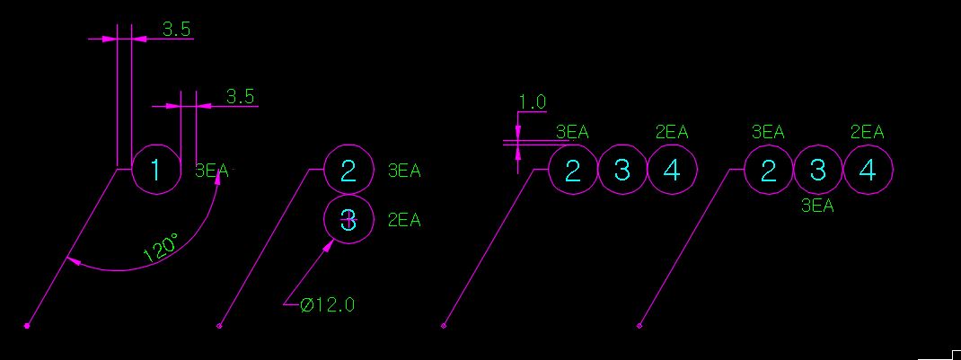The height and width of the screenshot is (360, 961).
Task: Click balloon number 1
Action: (x=156, y=170)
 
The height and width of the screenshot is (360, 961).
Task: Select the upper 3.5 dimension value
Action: (x=176, y=29)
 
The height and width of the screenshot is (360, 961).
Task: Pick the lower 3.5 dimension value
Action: (x=241, y=97)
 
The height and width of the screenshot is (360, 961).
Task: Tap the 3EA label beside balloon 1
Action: (x=211, y=170)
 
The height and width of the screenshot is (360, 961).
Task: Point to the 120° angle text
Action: (x=162, y=247)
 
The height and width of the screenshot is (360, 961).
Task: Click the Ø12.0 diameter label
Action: (x=328, y=305)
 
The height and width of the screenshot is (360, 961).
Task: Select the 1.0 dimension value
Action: (x=533, y=101)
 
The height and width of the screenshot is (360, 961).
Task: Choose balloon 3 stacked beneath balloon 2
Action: (x=348, y=220)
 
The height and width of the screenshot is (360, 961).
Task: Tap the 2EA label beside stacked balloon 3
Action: (x=404, y=220)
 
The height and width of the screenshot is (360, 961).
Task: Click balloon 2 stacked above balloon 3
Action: (x=348, y=170)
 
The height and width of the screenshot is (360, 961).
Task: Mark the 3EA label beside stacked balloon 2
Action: (x=404, y=170)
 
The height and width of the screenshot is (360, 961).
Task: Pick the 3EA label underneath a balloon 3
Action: (x=817, y=206)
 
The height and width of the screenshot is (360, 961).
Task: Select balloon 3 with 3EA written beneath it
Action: (x=817, y=170)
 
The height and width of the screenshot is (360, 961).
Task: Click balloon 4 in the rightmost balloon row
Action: (x=867, y=170)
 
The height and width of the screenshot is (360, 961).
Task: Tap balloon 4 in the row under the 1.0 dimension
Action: (x=672, y=170)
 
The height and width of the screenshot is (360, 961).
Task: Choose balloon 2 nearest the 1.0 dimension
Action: (x=573, y=170)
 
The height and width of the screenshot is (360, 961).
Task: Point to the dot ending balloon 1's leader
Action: (x=27, y=326)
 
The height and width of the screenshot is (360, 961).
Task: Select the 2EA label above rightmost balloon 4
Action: (x=867, y=132)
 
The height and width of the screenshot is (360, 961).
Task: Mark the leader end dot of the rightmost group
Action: (x=639, y=326)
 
